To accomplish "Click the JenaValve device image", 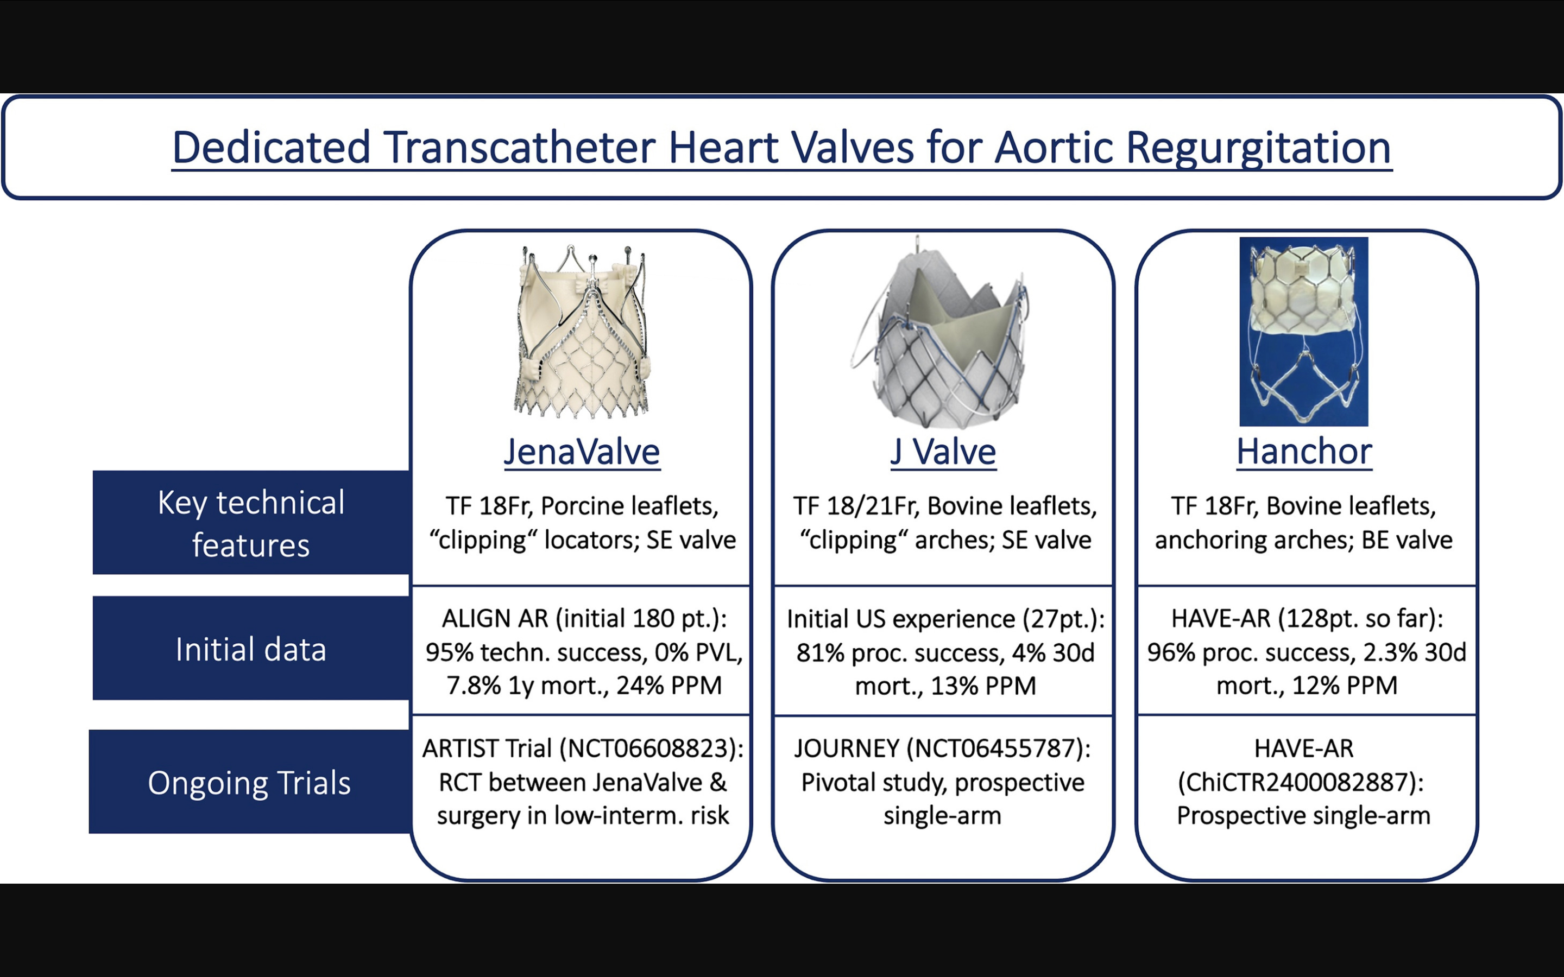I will click(x=582, y=331).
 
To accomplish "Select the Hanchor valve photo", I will click(x=1303, y=331).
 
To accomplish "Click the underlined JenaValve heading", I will click(x=582, y=452).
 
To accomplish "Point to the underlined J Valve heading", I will click(x=943, y=452).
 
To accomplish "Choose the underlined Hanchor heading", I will click(x=1303, y=452).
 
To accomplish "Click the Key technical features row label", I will click(x=251, y=523).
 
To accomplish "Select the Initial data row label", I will click(x=251, y=649).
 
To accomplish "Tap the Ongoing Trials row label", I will click(x=249, y=783).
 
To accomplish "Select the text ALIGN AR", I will click(x=495, y=619).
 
